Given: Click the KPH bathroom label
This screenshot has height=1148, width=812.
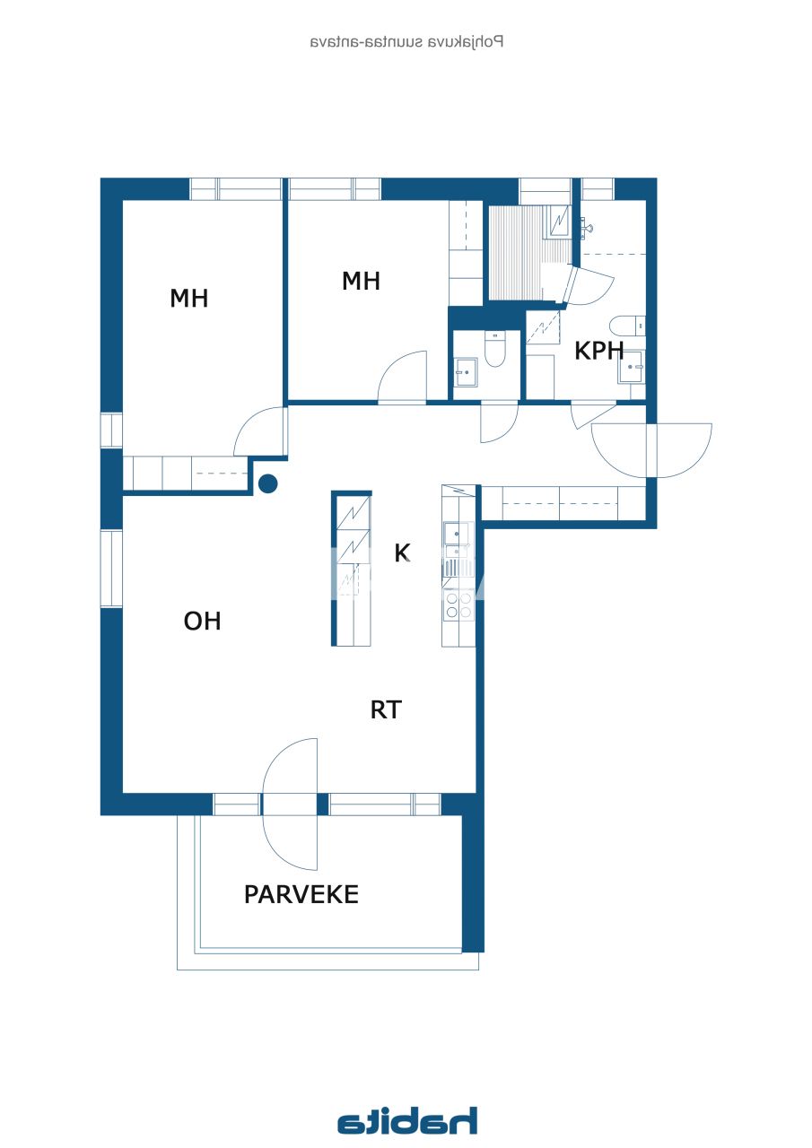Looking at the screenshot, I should coord(598,351).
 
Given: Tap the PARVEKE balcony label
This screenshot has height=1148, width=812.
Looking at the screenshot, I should coord(301,894).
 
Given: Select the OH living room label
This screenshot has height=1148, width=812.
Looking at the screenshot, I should coord(202,621).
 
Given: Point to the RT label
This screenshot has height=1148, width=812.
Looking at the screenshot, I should coord(386,710).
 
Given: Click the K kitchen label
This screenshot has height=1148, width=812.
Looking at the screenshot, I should coord(403,553).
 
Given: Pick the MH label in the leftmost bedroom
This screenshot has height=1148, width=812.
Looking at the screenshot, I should coord(188,299).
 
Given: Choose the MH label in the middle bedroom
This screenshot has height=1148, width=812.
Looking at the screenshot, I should coord(361,281).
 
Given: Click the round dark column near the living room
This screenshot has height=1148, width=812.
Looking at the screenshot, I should coord(267,484).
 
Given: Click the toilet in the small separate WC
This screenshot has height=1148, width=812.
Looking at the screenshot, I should coord(495,349).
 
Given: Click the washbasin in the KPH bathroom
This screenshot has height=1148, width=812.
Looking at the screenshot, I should coord(632,367).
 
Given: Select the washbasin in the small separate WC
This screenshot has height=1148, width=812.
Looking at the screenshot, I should coord(465,371).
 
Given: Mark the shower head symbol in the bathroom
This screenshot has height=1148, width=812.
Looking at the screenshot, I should coord(588,229).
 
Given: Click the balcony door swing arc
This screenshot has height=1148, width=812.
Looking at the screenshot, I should coord(289,804).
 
